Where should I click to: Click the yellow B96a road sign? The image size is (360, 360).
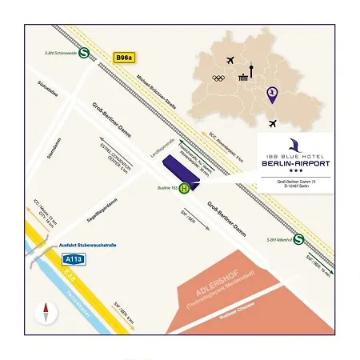point(123,58)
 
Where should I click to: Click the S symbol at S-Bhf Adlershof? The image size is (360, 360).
point(298,238)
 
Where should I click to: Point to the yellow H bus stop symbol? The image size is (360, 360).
point(185,189)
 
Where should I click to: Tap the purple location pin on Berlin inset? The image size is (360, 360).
point(272,94)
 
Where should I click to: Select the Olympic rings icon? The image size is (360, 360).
point(218,78)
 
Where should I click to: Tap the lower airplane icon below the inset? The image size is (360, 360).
point(274,124)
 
